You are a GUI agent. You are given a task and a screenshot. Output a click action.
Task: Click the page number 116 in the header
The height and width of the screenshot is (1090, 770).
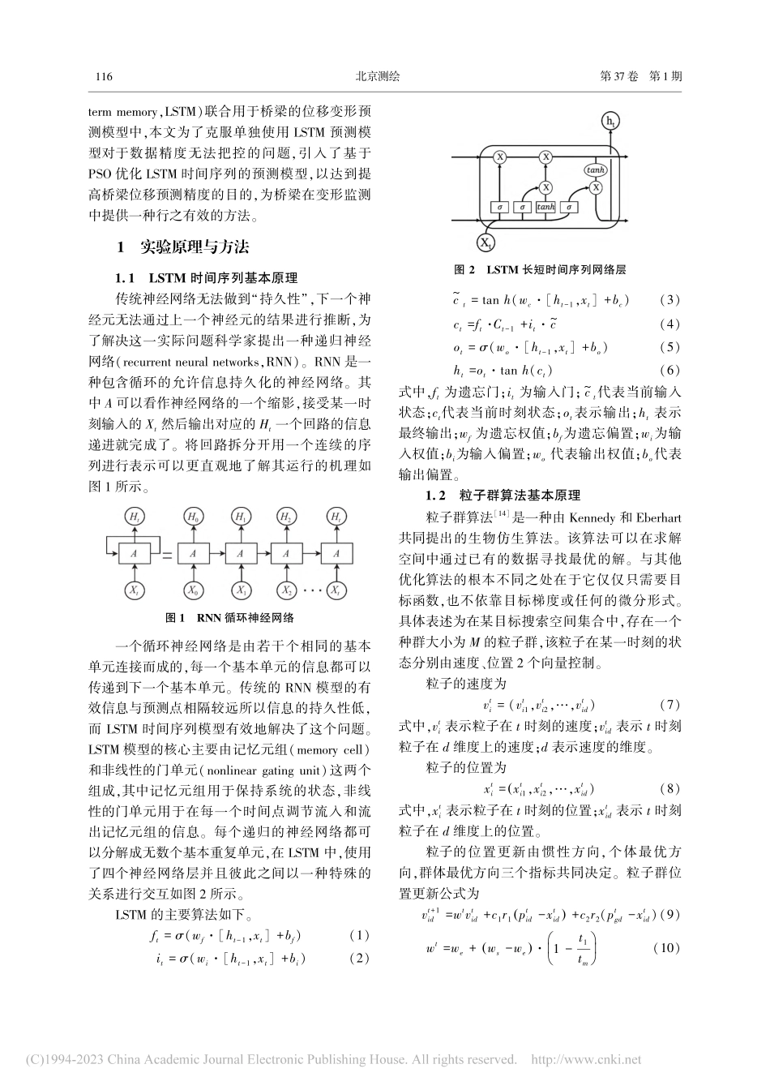103,77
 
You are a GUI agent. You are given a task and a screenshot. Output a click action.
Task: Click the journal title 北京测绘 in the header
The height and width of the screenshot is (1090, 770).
379,77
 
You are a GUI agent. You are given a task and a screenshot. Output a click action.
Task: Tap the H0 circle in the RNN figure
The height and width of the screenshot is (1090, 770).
193,517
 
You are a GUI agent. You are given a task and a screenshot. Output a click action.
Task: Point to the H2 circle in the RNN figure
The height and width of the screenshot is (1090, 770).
286,517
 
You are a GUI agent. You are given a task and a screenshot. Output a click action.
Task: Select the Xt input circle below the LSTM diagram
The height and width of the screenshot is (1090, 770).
486,242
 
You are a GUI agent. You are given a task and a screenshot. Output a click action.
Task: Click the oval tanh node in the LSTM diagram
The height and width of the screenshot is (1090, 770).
596,170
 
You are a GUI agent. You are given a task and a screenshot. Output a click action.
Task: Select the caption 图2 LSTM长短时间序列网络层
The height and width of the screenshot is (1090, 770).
541,268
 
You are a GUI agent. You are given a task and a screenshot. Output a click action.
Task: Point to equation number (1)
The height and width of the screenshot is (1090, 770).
358,936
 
